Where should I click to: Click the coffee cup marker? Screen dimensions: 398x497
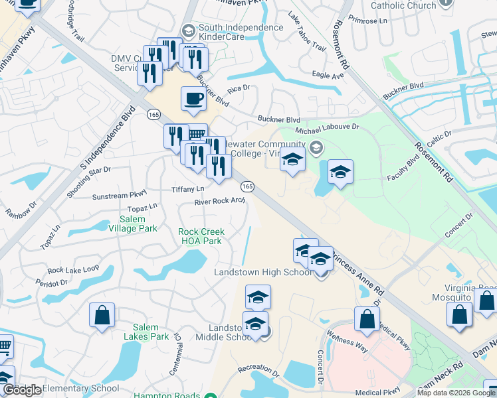193,99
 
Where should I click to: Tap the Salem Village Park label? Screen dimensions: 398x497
138,224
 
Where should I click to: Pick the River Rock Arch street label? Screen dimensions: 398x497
220,202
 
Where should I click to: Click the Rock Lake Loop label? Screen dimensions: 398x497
73,269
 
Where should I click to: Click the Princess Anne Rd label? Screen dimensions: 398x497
359,269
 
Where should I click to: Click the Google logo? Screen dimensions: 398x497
23,391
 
